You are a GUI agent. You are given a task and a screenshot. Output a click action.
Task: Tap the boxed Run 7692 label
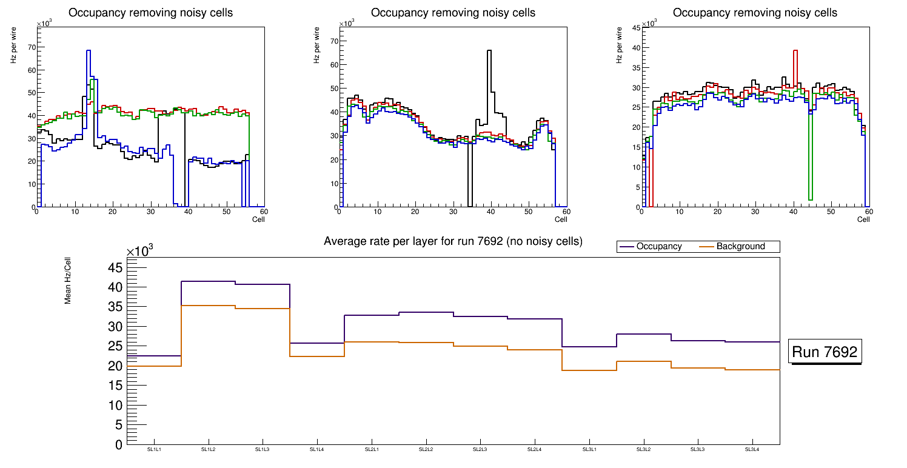[826, 352]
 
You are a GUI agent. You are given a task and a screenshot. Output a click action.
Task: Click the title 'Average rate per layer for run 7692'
[453, 241]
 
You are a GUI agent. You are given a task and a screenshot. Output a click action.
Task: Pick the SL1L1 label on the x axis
[154, 449]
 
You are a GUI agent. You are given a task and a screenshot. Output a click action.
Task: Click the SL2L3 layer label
[480, 449]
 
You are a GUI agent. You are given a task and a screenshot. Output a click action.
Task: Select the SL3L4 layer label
[752, 449]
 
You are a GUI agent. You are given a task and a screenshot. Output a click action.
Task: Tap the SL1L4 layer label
[317, 449]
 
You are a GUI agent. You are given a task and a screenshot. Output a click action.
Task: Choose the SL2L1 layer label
[372, 449]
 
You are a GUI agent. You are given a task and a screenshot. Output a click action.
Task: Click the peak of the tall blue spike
[89, 50]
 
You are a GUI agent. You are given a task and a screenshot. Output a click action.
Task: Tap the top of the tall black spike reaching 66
[489, 50]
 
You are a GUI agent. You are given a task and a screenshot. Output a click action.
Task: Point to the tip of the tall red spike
[795, 50]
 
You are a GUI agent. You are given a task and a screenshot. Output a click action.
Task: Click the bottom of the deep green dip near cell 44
[811, 199]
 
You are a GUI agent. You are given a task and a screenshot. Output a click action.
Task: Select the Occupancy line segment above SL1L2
[209, 281]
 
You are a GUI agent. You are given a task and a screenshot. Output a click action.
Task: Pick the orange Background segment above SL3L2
[644, 361]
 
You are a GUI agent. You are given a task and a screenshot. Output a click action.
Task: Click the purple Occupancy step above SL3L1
[589, 347]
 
